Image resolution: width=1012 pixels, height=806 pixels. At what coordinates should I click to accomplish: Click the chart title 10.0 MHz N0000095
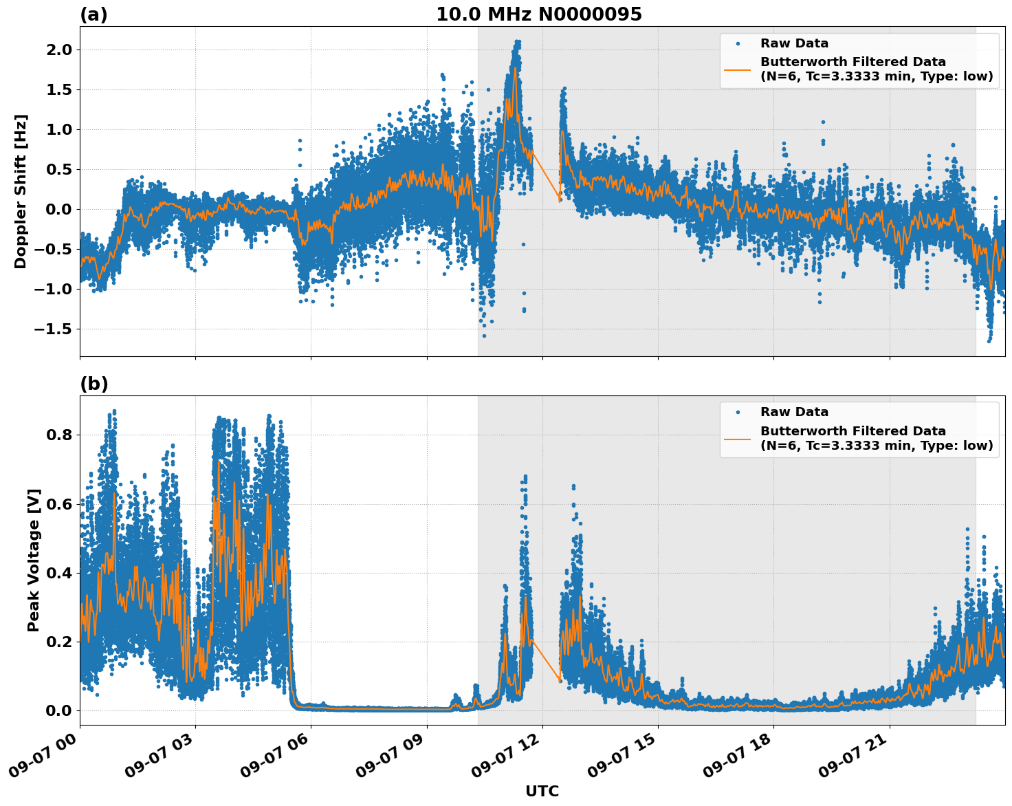tap(538, 14)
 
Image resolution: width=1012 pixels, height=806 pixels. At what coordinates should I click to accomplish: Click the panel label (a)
tap(93, 14)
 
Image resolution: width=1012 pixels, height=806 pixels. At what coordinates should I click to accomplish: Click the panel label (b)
tap(93, 384)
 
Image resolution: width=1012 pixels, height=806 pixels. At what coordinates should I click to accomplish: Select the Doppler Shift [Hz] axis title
tap(21, 191)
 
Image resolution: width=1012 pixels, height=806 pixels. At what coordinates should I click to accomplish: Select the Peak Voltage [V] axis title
tap(34, 560)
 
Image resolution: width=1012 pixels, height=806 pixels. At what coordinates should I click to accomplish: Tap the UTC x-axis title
tap(542, 791)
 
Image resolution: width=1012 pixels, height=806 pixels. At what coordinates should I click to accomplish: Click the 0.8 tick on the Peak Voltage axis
tap(58, 435)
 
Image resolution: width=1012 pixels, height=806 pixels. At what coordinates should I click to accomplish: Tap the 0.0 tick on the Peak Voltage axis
tap(58, 710)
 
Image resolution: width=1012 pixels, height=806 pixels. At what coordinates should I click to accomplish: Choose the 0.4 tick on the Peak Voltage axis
tap(58, 573)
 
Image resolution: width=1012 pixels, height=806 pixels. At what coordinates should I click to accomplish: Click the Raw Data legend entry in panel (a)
tap(794, 43)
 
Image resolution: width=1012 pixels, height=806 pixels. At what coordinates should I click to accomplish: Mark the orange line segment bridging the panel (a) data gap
tap(546, 176)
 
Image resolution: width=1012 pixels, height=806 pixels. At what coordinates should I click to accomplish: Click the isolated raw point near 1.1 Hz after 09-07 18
tap(822, 122)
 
